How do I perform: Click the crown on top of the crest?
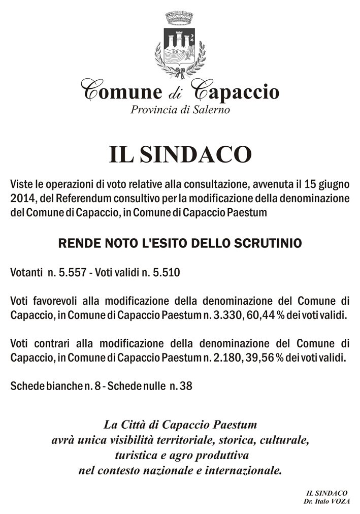(x=180, y=18)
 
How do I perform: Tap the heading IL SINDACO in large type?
(x=180, y=154)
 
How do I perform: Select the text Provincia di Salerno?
(x=180, y=109)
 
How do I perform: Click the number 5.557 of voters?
(x=69, y=273)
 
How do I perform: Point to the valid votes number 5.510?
(x=164, y=273)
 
